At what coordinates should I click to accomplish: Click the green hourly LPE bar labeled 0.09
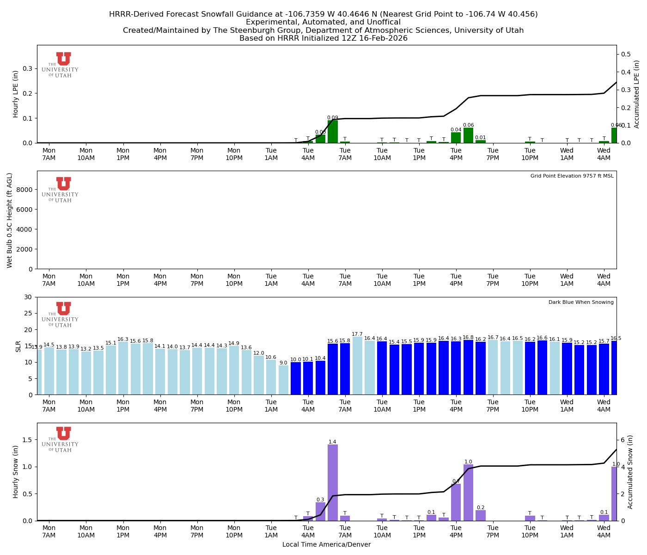(x=333, y=132)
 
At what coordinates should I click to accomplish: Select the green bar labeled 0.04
(x=456, y=138)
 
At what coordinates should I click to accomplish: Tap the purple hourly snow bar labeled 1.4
(x=333, y=482)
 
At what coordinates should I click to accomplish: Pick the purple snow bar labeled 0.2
(x=481, y=516)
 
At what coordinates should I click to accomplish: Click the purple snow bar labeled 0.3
(x=320, y=512)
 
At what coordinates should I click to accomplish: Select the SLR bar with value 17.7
(x=357, y=366)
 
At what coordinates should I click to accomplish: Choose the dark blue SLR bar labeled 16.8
(x=468, y=367)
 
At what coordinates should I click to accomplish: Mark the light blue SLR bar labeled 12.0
(x=259, y=375)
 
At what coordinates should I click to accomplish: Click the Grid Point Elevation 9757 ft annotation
(x=572, y=176)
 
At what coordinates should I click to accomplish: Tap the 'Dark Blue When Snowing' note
(x=581, y=302)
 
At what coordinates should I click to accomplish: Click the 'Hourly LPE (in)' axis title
(x=16, y=94)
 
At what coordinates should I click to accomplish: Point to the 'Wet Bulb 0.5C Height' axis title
(x=10, y=220)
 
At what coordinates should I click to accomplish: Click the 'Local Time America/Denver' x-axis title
(x=326, y=545)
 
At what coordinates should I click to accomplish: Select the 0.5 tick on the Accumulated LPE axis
(x=626, y=54)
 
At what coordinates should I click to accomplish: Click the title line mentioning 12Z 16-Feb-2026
(x=323, y=38)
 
